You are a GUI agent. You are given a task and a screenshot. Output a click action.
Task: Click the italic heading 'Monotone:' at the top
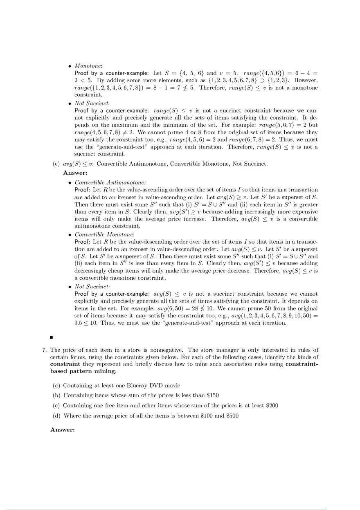click(x=88, y=66)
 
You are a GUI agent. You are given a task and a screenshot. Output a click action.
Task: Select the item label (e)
click(x=56, y=164)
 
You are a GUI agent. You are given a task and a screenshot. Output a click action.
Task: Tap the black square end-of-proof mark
click(x=52, y=338)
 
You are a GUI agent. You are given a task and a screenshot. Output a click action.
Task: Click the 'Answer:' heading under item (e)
click(x=75, y=173)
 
